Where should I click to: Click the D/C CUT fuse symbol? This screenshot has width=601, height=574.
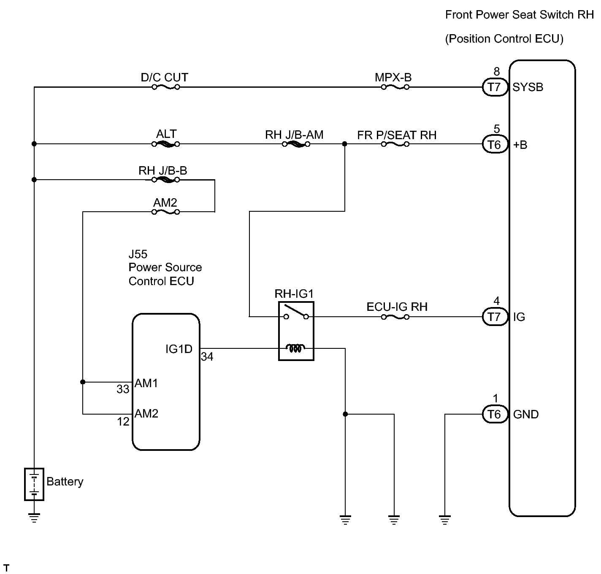[x=166, y=87]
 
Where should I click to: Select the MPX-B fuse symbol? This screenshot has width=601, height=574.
[x=395, y=87]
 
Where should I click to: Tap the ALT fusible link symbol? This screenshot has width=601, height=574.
[x=166, y=144]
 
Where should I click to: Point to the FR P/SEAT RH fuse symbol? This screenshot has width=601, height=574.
[x=395, y=144]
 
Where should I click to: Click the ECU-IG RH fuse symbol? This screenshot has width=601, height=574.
[x=395, y=317]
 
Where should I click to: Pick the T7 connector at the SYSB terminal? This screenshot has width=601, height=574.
[x=495, y=87]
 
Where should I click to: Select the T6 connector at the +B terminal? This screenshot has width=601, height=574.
[x=495, y=144]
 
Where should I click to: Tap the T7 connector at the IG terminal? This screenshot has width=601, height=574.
[x=495, y=317]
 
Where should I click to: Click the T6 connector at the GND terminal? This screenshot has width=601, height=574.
[x=495, y=414]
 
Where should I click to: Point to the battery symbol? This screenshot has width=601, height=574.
[x=34, y=484]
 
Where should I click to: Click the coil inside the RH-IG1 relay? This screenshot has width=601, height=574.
[x=295, y=348]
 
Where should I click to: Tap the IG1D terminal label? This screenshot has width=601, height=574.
[x=179, y=349]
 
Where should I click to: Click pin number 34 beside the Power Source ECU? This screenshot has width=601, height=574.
[x=207, y=357]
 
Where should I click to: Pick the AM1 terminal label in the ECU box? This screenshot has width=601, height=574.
[x=146, y=383]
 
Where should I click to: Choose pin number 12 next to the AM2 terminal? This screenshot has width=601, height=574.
[x=123, y=422]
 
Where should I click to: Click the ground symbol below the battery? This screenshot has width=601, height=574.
[x=34, y=517]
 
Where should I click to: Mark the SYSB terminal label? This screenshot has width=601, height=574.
[x=528, y=87]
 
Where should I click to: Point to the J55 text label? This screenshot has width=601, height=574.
[x=138, y=254]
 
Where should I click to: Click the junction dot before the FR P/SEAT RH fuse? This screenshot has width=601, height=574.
[x=345, y=144]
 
